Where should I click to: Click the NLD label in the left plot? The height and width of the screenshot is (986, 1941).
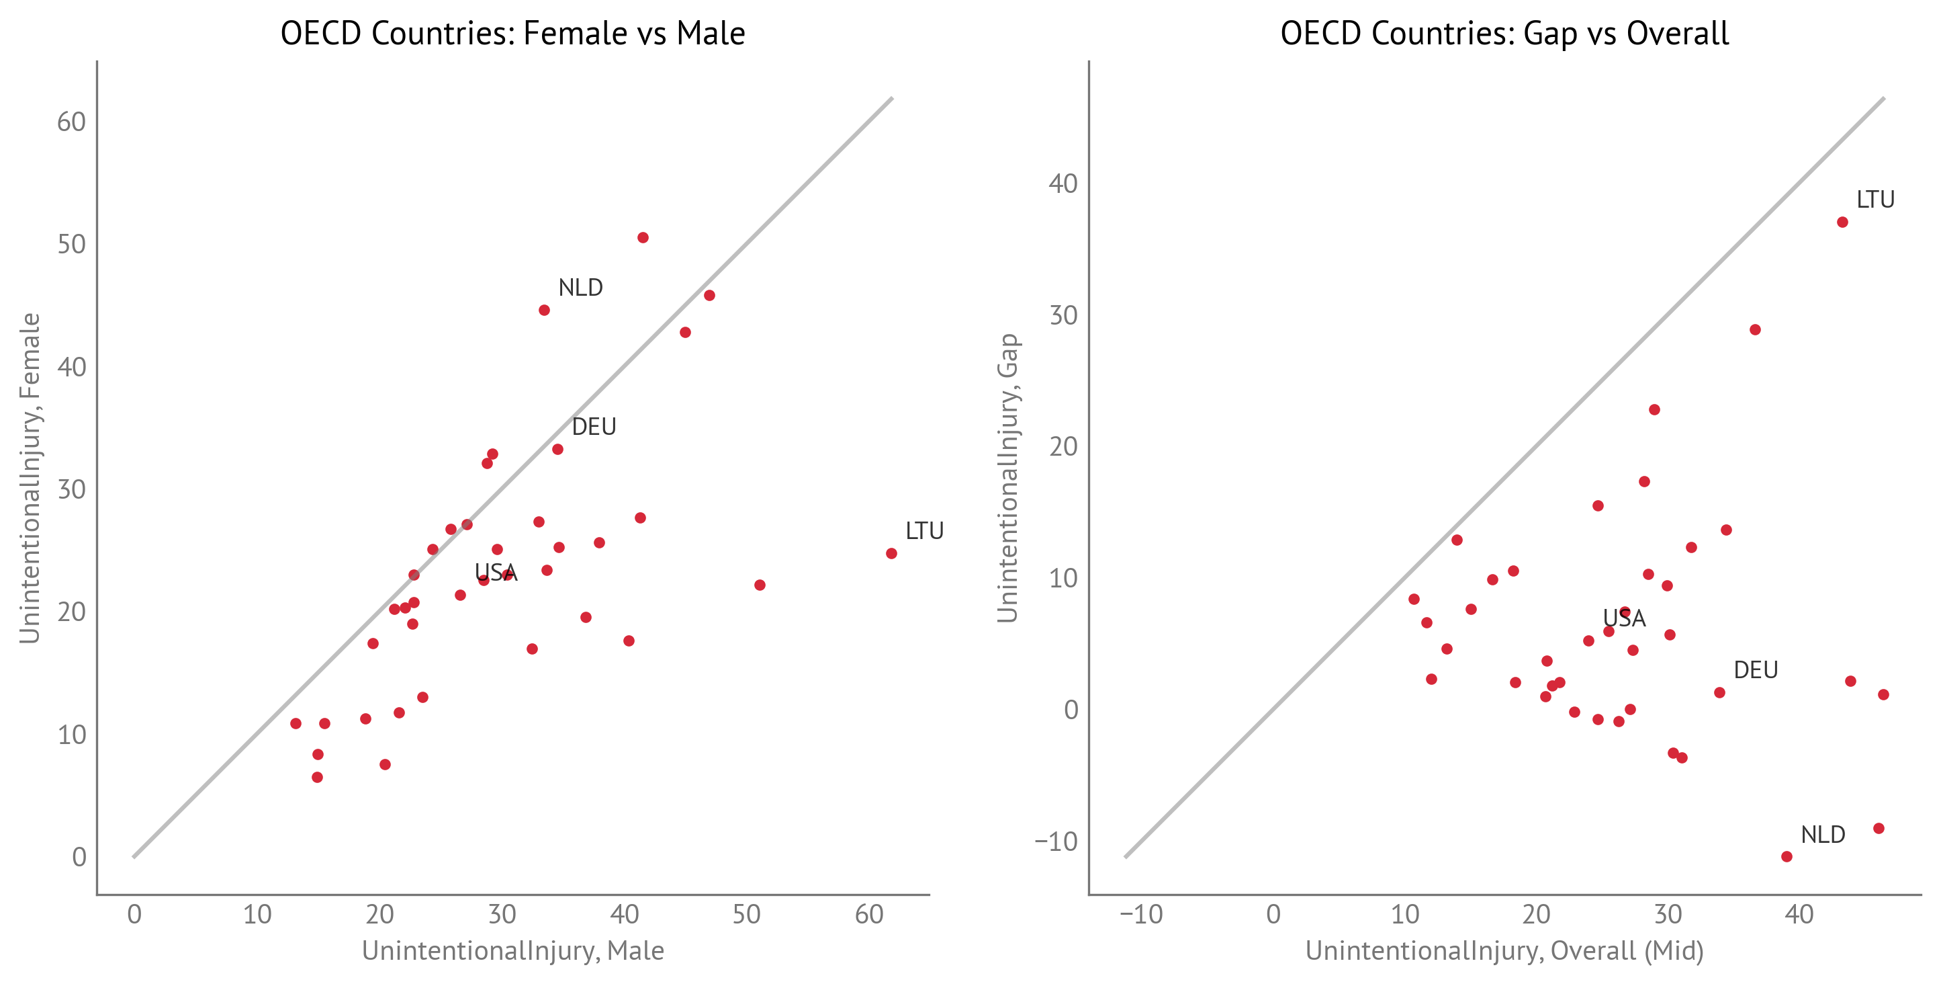click(580, 288)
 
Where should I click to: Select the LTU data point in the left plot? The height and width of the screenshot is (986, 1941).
click(891, 553)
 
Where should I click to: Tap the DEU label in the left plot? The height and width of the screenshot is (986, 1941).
click(594, 427)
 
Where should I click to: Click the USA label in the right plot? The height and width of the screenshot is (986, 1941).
click(1624, 619)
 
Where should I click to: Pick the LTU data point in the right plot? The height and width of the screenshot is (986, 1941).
click(1842, 222)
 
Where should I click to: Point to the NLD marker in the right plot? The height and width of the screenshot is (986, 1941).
click(1787, 856)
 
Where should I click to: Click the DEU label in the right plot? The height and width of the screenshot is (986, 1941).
click(1756, 670)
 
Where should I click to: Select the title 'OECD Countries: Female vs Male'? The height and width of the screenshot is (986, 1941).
click(512, 33)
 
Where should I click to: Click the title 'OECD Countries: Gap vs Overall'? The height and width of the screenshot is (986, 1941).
click(1504, 33)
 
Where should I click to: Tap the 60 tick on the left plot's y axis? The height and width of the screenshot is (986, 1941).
click(72, 122)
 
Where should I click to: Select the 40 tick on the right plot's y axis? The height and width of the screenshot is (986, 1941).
click(1063, 184)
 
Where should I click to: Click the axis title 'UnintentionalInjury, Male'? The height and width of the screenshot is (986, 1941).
click(512, 951)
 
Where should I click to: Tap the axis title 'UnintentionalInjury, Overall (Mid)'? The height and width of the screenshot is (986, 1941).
click(1504, 951)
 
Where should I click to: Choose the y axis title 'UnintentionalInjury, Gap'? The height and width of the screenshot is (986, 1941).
click(1007, 478)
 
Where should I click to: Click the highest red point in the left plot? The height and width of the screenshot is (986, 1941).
click(643, 237)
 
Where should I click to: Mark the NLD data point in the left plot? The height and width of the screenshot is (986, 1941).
click(544, 311)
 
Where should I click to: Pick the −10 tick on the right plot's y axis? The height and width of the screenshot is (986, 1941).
click(1056, 842)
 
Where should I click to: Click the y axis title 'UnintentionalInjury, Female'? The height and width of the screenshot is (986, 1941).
click(30, 478)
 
